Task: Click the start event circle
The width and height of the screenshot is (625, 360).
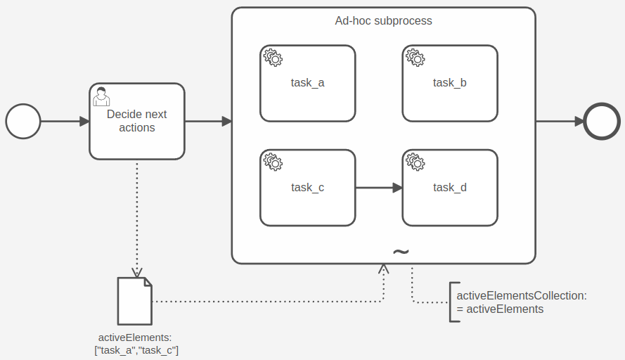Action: click(23, 121)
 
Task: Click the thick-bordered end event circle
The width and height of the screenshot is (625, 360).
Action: click(602, 121)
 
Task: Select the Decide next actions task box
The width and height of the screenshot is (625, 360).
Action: click(137, 134)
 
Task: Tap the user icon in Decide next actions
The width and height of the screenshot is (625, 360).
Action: click(101, 96)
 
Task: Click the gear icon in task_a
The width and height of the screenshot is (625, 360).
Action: click(273, 58)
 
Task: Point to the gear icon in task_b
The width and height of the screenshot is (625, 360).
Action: click(415, 58)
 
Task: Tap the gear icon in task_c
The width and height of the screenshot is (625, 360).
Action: click(273, 162)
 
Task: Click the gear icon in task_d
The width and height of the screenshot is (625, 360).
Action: click(415, 162)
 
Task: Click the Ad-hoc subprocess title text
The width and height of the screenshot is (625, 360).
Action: click(383, 21)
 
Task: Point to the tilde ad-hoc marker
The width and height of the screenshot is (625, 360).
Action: click(400, 252)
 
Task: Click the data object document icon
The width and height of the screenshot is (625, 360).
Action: click(134, 301)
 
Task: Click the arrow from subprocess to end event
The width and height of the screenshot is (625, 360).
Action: click(560, 121)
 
